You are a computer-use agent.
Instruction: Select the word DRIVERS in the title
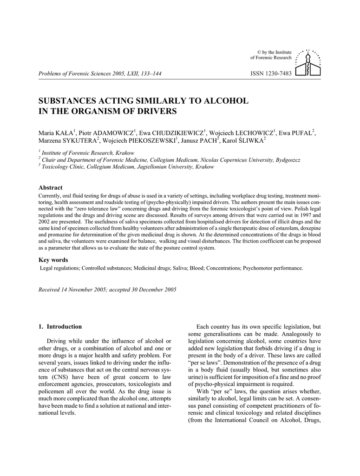point(157,111)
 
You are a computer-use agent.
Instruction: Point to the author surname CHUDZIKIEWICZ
point(177,133)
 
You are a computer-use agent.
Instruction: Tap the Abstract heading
point(50,188)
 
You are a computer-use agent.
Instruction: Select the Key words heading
point(53,260)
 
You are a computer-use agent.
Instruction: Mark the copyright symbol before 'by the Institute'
point(259,52)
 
